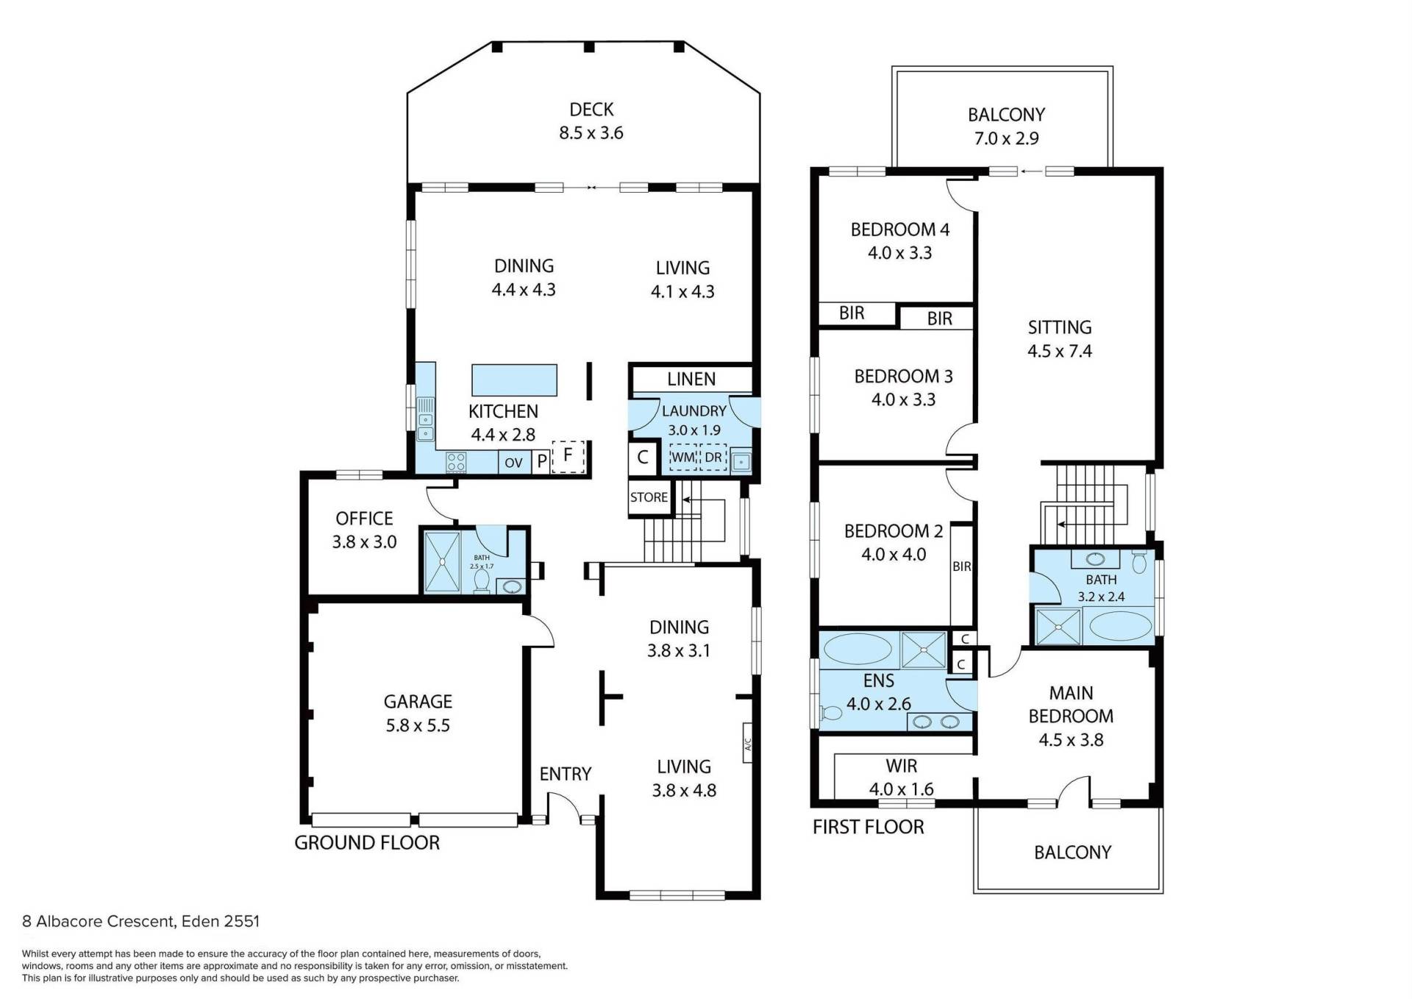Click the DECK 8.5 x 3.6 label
591,121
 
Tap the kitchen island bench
514,380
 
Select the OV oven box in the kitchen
513,462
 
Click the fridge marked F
568,457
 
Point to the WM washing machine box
682,458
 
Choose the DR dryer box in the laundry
713,458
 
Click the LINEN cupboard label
691,379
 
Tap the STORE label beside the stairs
649,497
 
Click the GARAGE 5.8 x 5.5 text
418,714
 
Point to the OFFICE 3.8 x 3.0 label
364,530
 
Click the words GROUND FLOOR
367,842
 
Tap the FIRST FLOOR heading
868,827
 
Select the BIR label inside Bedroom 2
962,566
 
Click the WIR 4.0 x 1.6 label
902,778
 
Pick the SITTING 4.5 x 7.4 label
1060,339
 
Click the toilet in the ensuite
831,713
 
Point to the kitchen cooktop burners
456,462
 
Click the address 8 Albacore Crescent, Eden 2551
140,921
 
